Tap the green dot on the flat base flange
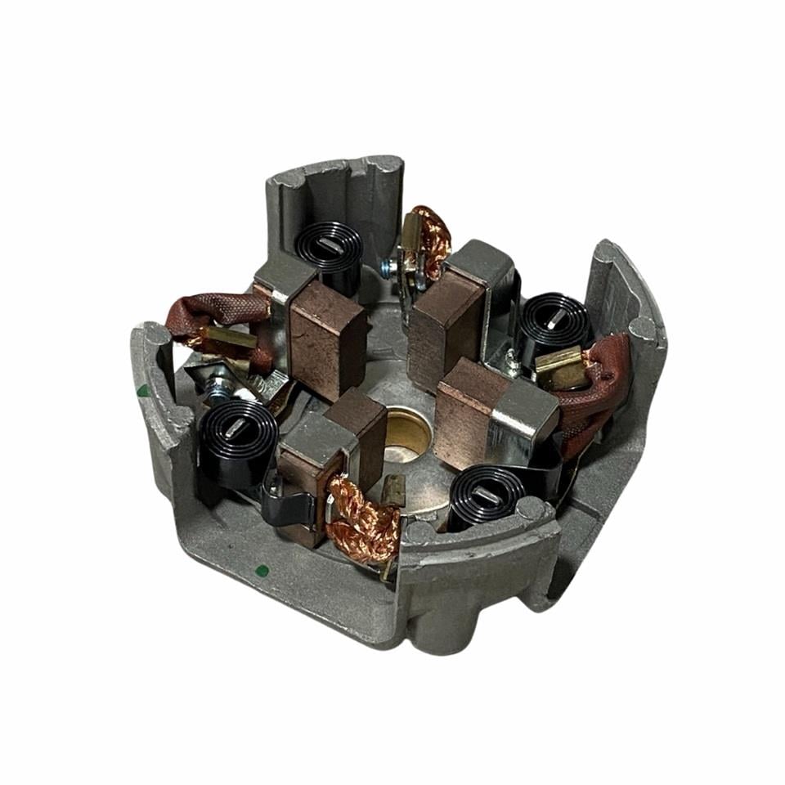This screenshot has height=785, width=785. [261, 570]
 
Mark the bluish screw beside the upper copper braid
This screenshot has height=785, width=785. [388, 264]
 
